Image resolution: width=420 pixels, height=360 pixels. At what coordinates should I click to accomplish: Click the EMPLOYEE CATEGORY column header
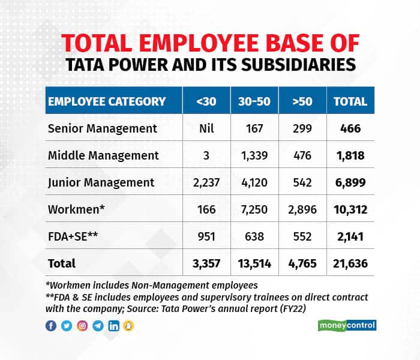click(x=107, y=101)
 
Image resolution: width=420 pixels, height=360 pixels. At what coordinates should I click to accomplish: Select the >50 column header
click(x=303, y=101)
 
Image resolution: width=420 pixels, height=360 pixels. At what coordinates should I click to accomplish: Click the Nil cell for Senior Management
click(x=206, y=128)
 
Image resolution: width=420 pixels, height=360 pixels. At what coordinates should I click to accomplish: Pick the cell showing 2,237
click(x=206, y=182)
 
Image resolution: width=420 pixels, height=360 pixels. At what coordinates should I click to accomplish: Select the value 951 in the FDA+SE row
click(x=206, y=236)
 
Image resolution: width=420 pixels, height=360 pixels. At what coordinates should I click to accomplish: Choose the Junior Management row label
click(x=101, y=182)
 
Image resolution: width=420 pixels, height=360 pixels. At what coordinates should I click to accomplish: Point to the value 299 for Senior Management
click(x=303, y=128)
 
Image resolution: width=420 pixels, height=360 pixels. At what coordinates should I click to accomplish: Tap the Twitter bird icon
click(x=66, y=326)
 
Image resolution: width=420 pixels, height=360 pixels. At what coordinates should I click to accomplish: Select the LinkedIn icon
click(x=113, y=326)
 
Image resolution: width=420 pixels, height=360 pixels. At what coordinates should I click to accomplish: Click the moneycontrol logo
click(x=346, y=326)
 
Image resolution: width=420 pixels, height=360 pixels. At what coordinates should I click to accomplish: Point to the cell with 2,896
click(x=303, y=209)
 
